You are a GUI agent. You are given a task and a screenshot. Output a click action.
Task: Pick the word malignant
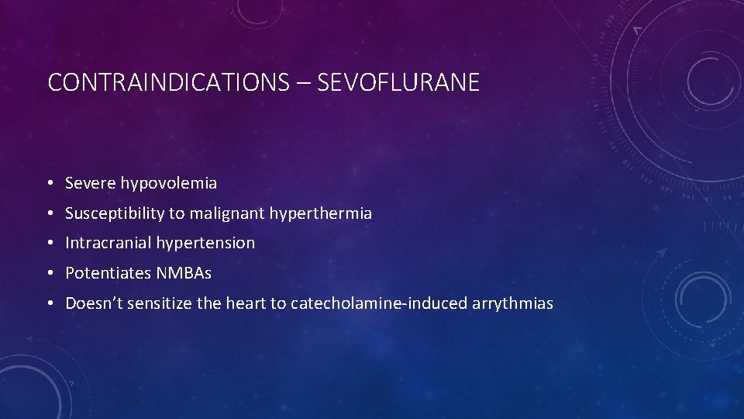pyautogui.click(x=232, y=213)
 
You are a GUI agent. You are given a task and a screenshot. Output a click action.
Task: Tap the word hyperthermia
pyautogui.click(x=321, y=213)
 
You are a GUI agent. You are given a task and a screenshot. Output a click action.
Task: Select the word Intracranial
pyautogui.click(x=108, y=243)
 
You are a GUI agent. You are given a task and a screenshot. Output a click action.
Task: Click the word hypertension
pyautogui.click(x=205, y=244)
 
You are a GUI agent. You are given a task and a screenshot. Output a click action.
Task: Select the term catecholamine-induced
pyautogui.click(x=378, y=303)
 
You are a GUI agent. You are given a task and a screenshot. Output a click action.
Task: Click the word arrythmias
pyautogui.click(x=512, y=303)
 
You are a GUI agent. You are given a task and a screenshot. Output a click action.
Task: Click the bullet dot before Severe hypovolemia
pyautogui.click(x=49, y=185)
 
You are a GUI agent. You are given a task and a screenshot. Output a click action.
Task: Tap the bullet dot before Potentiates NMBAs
pyautogui.click(x=49, y=274)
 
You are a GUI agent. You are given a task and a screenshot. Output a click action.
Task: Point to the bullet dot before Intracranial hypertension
pyautogui.click(x=49, y=244)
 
